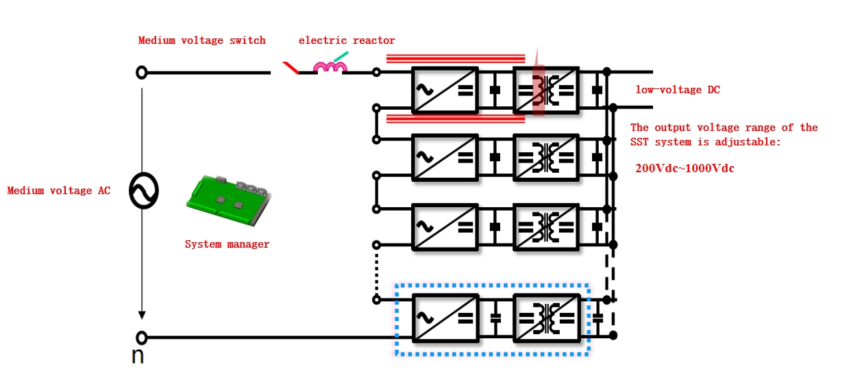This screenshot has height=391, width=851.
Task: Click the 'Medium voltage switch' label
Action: click(x=201, y=40)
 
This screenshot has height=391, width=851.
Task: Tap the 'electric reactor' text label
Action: click(x=347, y=40)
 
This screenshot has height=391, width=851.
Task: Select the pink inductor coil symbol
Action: click(x=330, y=67)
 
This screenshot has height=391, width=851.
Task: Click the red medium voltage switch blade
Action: click(x=291, y=68)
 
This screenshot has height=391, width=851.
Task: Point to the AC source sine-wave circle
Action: click(x=143, y=191)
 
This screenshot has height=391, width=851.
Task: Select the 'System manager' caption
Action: click(x=227, y=244)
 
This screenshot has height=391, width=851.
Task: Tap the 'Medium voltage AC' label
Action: click(x=59, y=191)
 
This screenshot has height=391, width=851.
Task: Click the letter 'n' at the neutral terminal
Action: click(x=138, y=356)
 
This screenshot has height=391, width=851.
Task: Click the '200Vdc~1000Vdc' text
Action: click(x=684, y=169)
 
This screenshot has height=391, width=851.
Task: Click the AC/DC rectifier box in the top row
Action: click(x=445, y=90)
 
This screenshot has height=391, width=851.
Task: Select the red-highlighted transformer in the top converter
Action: click(x=539, y=90)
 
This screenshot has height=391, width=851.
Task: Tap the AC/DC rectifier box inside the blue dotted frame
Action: click(x=445, y=318)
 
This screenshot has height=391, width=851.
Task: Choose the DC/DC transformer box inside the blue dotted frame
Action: click(x=546, y=318)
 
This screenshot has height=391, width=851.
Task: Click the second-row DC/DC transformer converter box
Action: click(x=546, y=157)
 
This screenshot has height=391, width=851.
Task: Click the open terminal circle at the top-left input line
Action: click(x=142, y=72)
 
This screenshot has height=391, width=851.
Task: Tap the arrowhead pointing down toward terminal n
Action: click(x=142, y=314)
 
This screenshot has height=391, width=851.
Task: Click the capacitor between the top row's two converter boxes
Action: click(x=495, y=90)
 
